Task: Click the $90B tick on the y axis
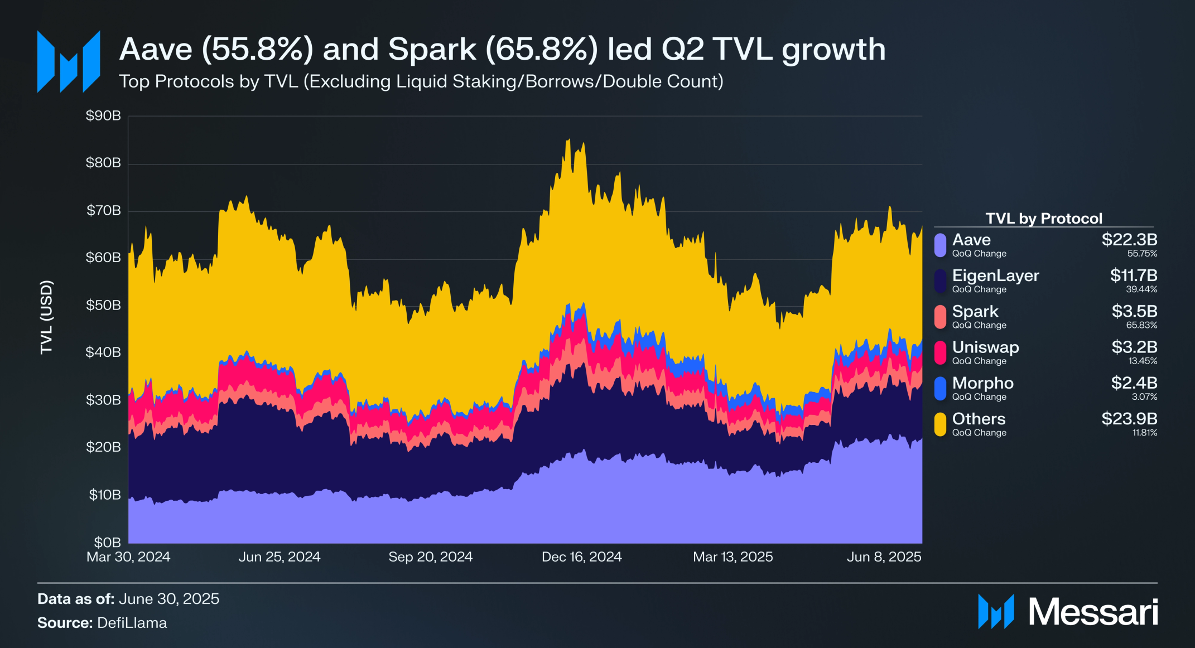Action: [103, 116]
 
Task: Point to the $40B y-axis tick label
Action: [103, 352]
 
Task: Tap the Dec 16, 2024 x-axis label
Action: [581, 557]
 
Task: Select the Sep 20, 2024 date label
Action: [430, 557]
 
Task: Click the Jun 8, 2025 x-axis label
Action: [884, 557]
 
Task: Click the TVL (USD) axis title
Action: [46, 317]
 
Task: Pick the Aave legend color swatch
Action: [940, 245]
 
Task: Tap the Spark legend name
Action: [975, 311]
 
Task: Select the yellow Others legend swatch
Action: [940, 424]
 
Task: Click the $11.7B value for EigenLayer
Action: [1133, 275]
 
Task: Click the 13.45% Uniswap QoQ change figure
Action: [1143, 361]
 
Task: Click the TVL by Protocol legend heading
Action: [1043, 218]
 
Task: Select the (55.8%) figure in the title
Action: [257, 49]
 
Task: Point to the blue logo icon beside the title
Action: [69, 61]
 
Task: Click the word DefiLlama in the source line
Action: [132, 623]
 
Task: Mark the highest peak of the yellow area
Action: [568, 140]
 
